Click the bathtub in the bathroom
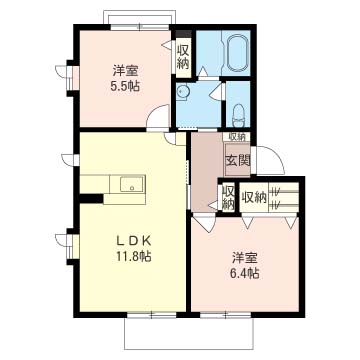(238, 52)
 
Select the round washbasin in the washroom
(182, 92)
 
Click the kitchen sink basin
(132, 184)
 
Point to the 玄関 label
(238, 161)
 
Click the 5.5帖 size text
(125, 87)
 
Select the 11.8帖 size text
(134, 256)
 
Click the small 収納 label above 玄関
(237, 137)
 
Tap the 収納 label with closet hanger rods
(254, 198)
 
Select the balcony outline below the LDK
(189, 334)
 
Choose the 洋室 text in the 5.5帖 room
(125, 71)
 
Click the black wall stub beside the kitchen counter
(91, 198)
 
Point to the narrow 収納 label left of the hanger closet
(228, 197)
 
